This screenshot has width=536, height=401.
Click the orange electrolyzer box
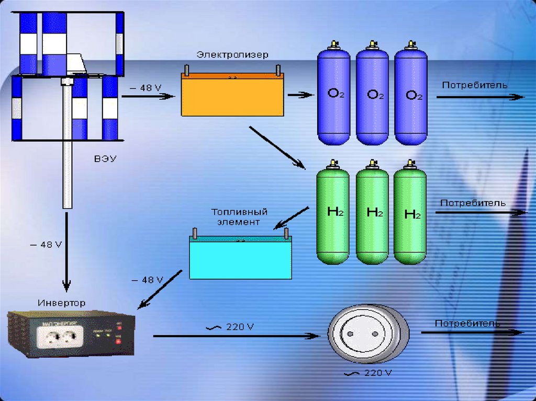232,96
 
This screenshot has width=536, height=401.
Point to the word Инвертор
62,303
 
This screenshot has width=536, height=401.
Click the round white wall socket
362,333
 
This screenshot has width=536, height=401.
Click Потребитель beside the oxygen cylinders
474,85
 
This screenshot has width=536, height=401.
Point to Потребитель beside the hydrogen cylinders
473,203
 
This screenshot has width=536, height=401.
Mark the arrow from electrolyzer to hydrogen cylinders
277,147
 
